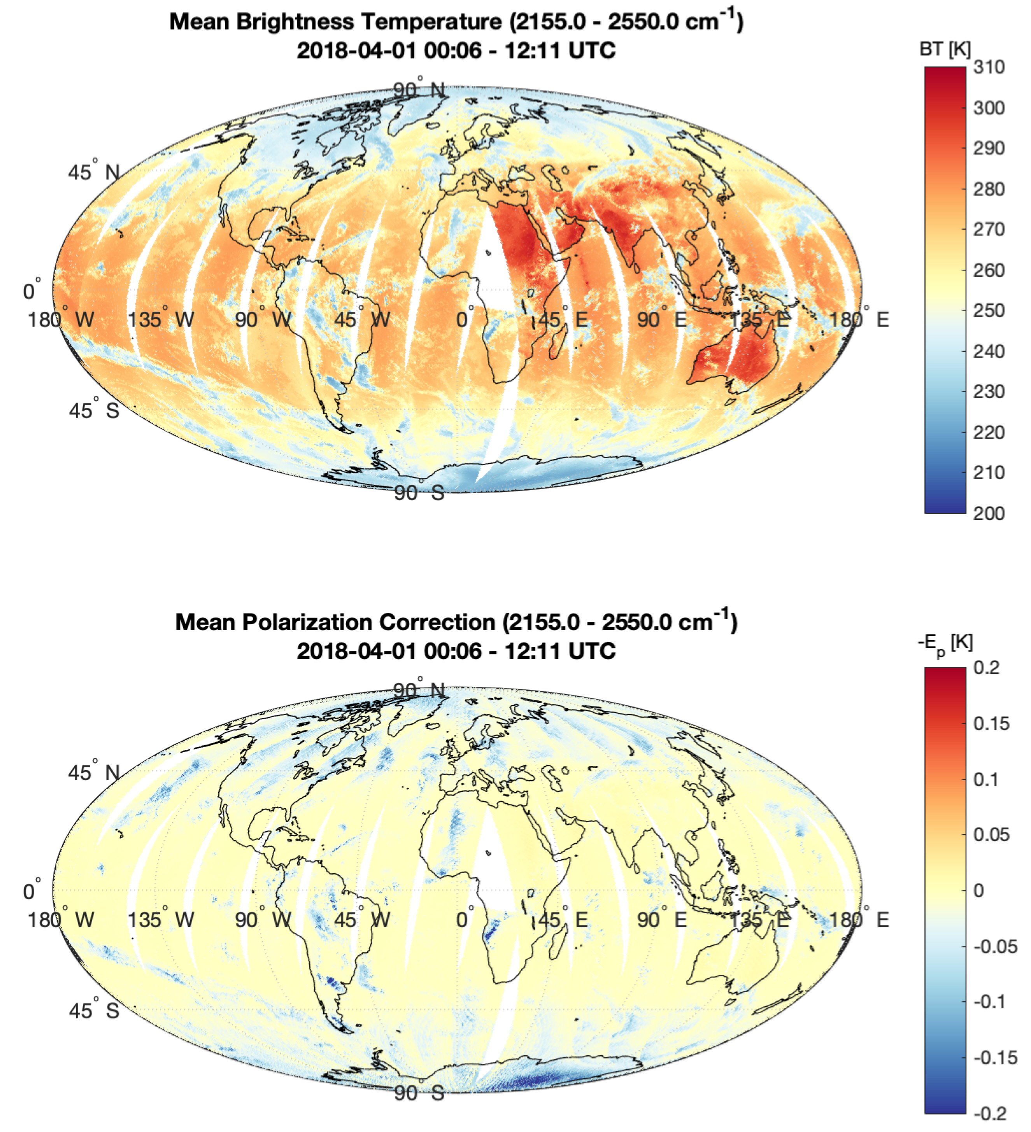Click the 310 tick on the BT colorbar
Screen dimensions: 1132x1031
(988, 67)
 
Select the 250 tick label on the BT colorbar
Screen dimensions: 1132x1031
(988, 311)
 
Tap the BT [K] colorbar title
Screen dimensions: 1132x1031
(945, 49)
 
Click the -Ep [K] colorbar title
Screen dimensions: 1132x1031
(945, 644)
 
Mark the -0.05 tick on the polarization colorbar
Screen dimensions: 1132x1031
(994, 947)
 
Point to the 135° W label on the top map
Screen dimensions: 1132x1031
(161, 319)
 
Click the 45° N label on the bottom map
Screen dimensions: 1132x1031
(94, 773)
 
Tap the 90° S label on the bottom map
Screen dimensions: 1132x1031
(419, 1093)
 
